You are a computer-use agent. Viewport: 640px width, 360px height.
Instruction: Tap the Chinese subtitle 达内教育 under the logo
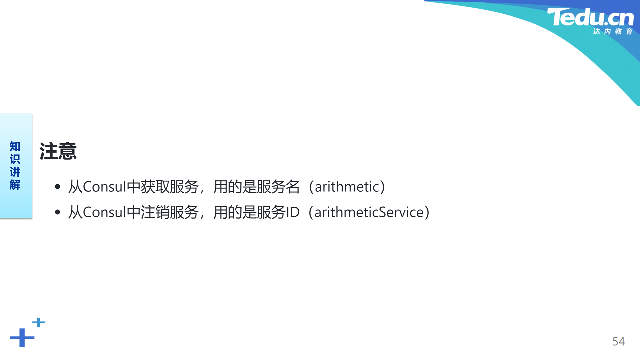coord(613,31)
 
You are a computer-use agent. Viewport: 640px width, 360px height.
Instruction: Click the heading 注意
coord(58,151)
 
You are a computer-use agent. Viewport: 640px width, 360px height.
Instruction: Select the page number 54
coord(618,341)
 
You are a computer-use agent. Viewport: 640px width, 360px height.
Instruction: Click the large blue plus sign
coord(22,338)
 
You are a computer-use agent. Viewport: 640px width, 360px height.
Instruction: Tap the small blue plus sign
coord(38,322)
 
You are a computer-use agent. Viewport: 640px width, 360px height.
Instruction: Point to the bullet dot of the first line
coord(57,187)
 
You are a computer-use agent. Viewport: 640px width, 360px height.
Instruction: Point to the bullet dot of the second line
coord(57,212)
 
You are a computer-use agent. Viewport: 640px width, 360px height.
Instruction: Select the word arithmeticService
coord(369,212)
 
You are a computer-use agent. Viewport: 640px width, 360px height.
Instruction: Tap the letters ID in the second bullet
coord(293,212)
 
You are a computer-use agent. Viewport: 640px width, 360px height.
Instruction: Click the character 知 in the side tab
coord(15,146)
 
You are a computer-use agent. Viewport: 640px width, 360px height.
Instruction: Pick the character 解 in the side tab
coord(15,185)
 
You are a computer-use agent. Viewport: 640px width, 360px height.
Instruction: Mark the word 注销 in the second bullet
coord(155,212)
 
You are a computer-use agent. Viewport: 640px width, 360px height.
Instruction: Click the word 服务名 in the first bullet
coord(278,187)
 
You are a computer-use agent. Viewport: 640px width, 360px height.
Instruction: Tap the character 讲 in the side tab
coord(15,172)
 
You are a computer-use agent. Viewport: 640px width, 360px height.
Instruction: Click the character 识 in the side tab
coord(15,159)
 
